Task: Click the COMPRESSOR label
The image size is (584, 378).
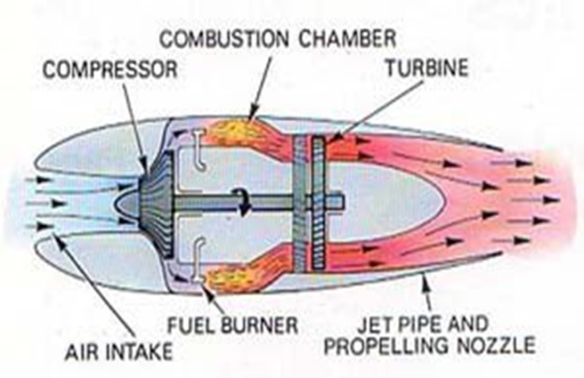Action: coord(109,70)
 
